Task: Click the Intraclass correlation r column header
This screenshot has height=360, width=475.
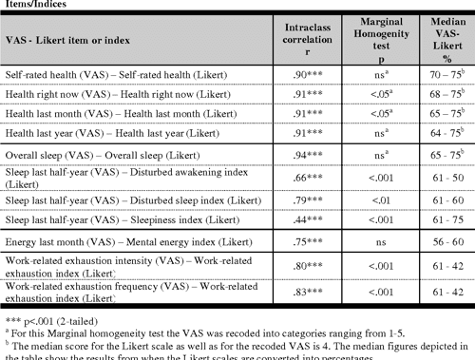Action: tap(307, 42)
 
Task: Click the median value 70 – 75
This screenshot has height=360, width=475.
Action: tap(444, 71)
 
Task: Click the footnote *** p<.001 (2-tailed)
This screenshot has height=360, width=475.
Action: tap(47, 322)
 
